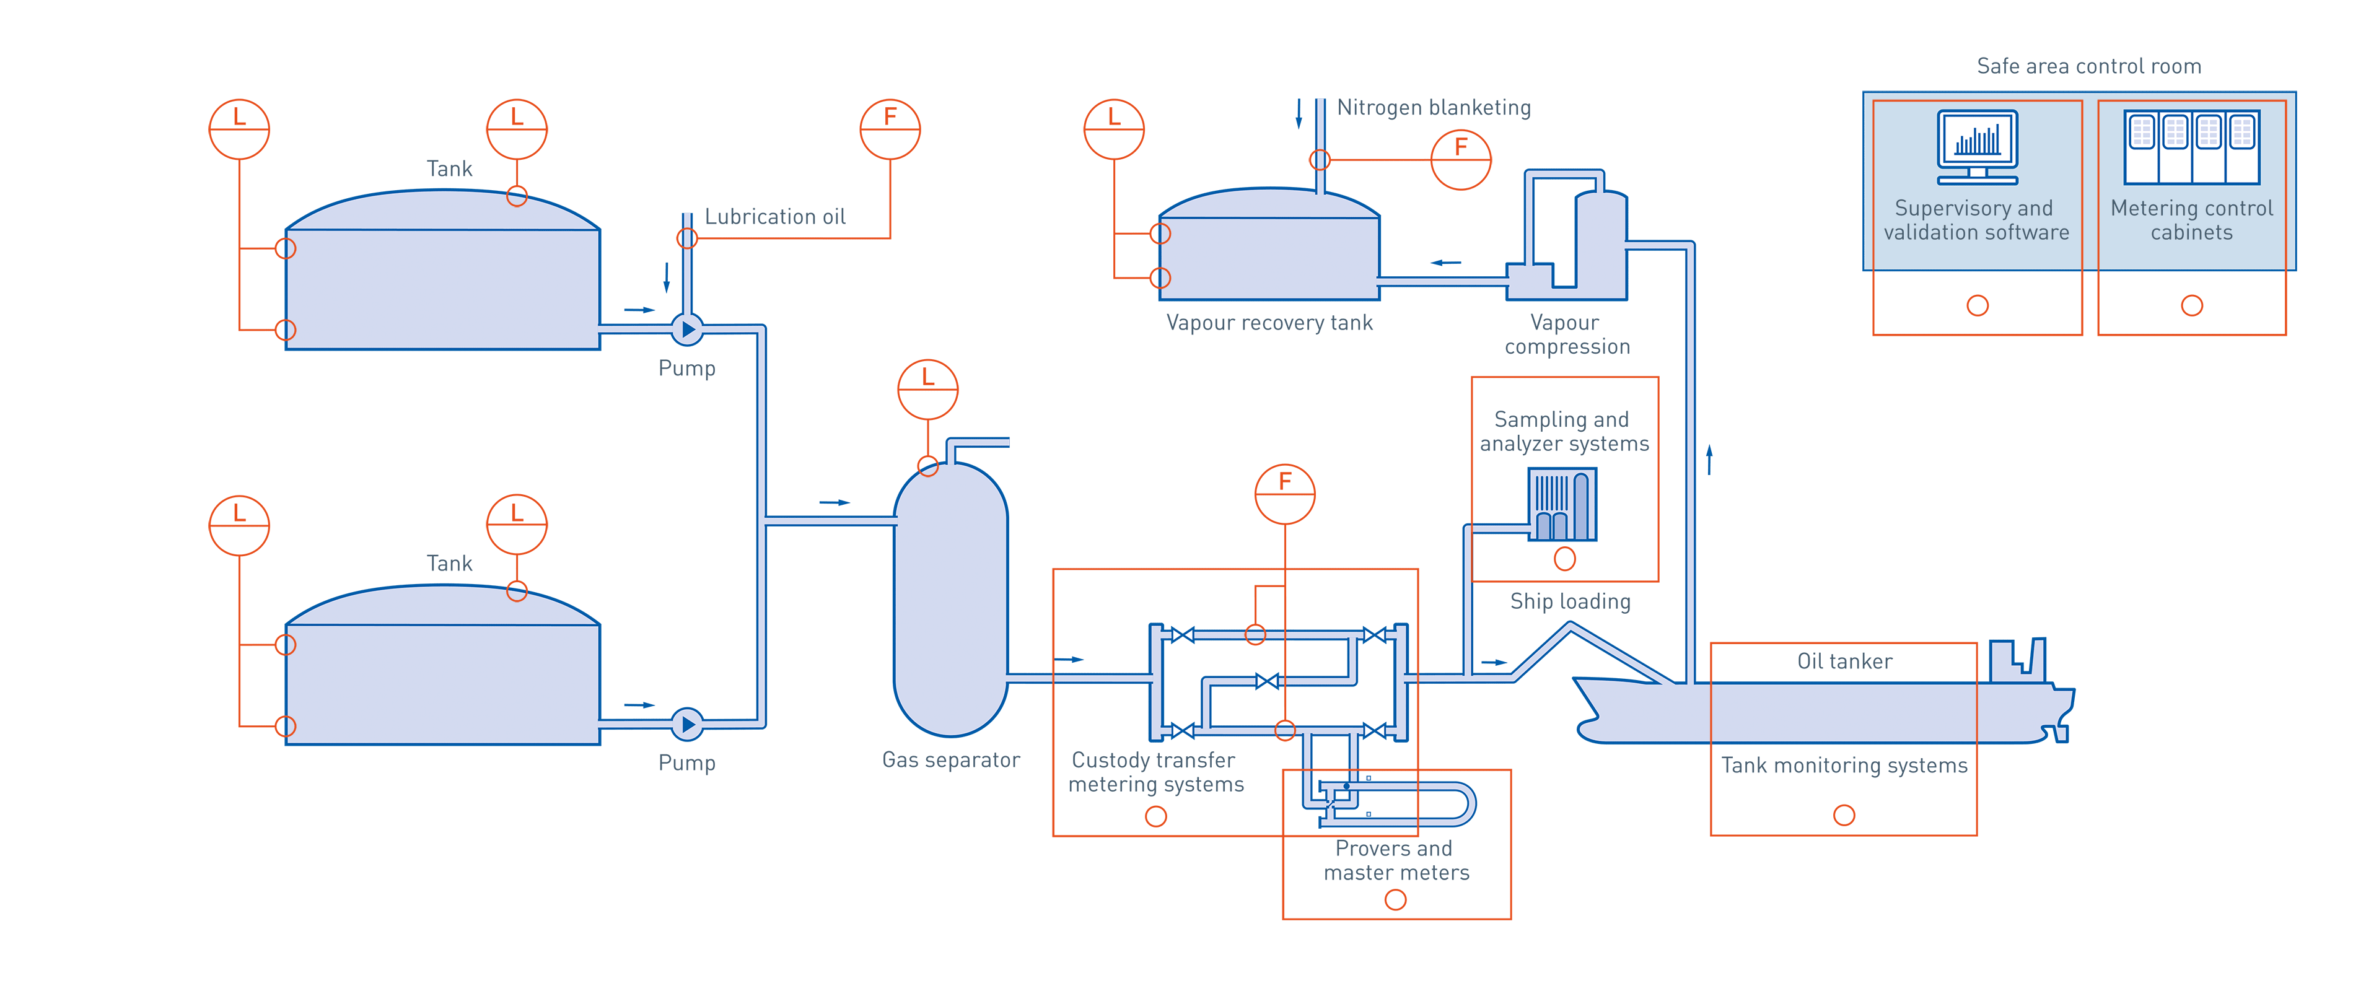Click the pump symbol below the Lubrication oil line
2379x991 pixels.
pyautogui.click(x=687, y=329)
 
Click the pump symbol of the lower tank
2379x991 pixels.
pyautogui.click(x=687, y=724)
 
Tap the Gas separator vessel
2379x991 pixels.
pyautogui.click(x=951, y=600)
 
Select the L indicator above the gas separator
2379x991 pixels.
pyautogui.click(x=928, y=389)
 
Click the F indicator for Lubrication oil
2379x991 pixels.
pyautogui.click(x=890, y=129)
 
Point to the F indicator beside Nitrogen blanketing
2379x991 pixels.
pyautogui.click(x=1461, y=160)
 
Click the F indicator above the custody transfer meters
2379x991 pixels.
pyautogui.click(x=1285, y=494)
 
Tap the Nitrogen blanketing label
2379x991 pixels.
pyautogui.click(x=1434, y=108)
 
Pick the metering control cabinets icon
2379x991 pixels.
pyautogui.click(x=2191, y=147)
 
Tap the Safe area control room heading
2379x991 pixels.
pyautogui.click(x=2088, y=66)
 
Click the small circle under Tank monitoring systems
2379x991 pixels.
pyautogui.click(x=1844, y=814)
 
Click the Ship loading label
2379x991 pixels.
pyautogui.click(x=1570, y=602)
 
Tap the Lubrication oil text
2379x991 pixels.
pyautogui.click(x=775, y=217)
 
